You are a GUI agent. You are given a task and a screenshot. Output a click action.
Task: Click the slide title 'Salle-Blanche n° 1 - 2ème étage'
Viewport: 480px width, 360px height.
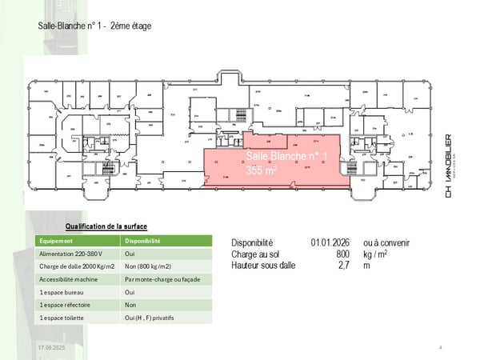coord(94,26)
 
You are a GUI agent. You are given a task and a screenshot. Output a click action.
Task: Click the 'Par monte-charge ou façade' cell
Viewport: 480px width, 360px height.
coord(162,279)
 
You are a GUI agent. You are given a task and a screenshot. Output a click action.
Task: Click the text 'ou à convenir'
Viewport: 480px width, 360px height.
coord(386,242)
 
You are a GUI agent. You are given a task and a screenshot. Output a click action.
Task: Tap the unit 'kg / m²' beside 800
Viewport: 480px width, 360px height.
coord(377,254)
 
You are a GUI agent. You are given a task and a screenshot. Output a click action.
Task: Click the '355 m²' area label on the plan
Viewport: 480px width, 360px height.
coord(261,170)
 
